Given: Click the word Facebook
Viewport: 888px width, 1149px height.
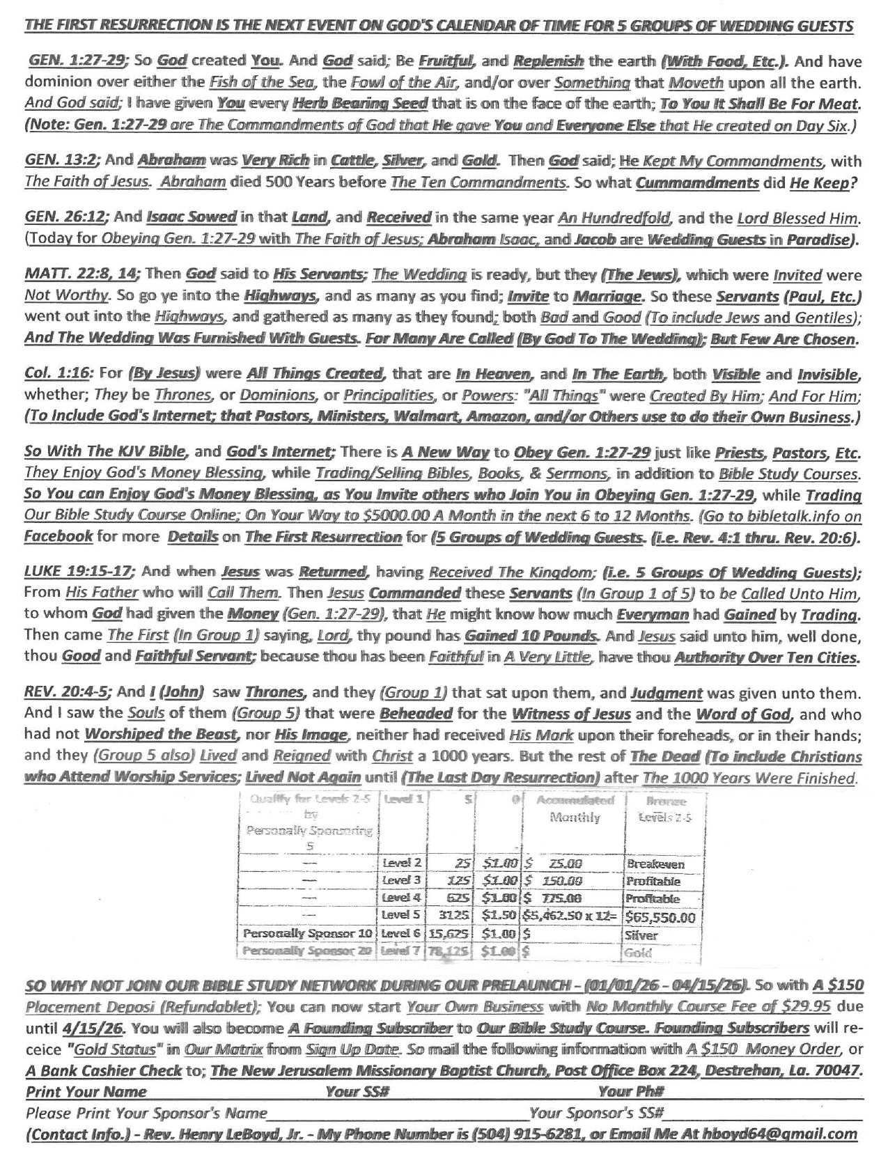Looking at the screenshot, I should click(x=59, y=538).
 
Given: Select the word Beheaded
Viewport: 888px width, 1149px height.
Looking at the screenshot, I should click(x=416, y=714).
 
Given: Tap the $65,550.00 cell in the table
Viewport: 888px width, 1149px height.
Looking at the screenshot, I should click(x=660, y=916).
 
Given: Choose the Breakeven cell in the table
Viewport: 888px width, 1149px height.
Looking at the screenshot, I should click(x=655, y=864).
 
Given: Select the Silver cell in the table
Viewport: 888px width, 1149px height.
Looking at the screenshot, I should click(x=641, y=935).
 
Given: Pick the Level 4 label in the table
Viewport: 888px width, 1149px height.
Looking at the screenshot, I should click(x=402, y=899).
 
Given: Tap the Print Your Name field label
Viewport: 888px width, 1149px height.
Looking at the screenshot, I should click(x=86, y=1091).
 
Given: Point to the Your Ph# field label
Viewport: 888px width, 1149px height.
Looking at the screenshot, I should click(x=631, y=1091).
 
